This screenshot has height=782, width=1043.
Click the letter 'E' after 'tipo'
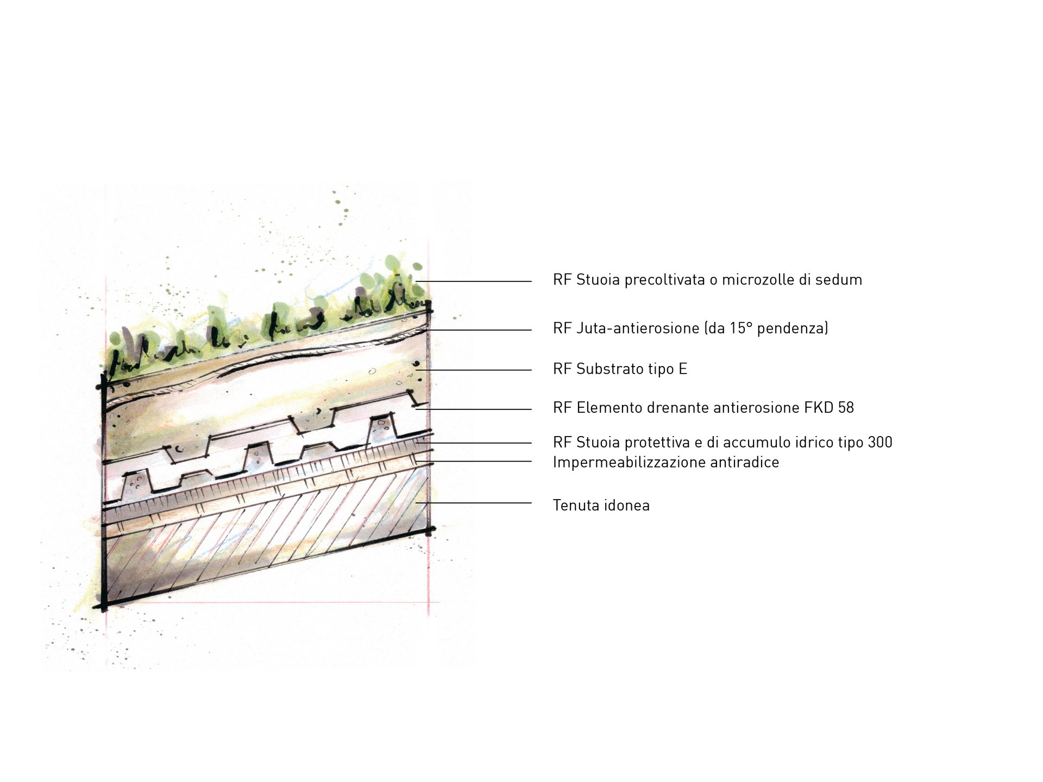click(x=683, y=369)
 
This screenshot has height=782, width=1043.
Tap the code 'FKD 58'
click(x=829, y=408)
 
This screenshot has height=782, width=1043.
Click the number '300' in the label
click(x=880, y=443)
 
